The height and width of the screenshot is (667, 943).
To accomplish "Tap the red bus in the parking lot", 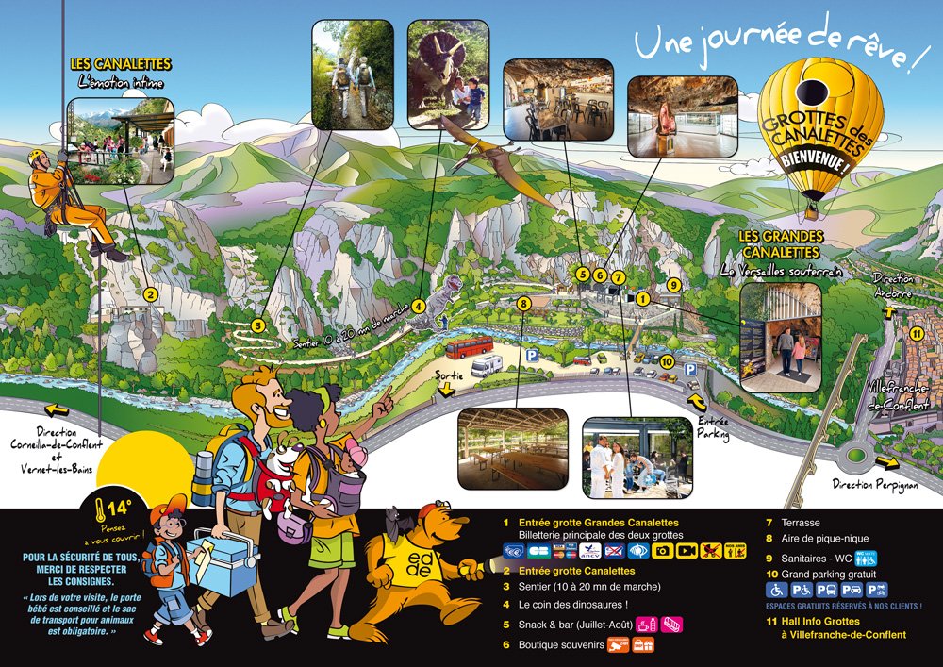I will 469,347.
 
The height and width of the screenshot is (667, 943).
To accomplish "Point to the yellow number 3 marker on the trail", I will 256,325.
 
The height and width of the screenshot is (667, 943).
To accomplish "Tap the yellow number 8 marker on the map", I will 524,303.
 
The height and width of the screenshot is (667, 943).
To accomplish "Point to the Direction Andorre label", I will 893,286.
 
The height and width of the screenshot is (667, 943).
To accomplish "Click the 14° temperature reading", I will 119,509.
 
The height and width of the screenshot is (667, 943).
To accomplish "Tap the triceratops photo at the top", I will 448,74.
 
